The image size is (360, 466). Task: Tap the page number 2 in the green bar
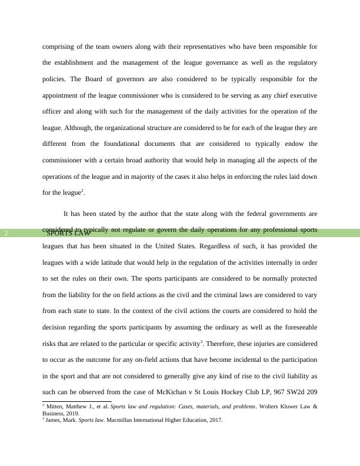6,233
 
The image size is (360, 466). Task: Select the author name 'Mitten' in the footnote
56,406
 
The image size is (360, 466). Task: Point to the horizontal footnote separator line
76,401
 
